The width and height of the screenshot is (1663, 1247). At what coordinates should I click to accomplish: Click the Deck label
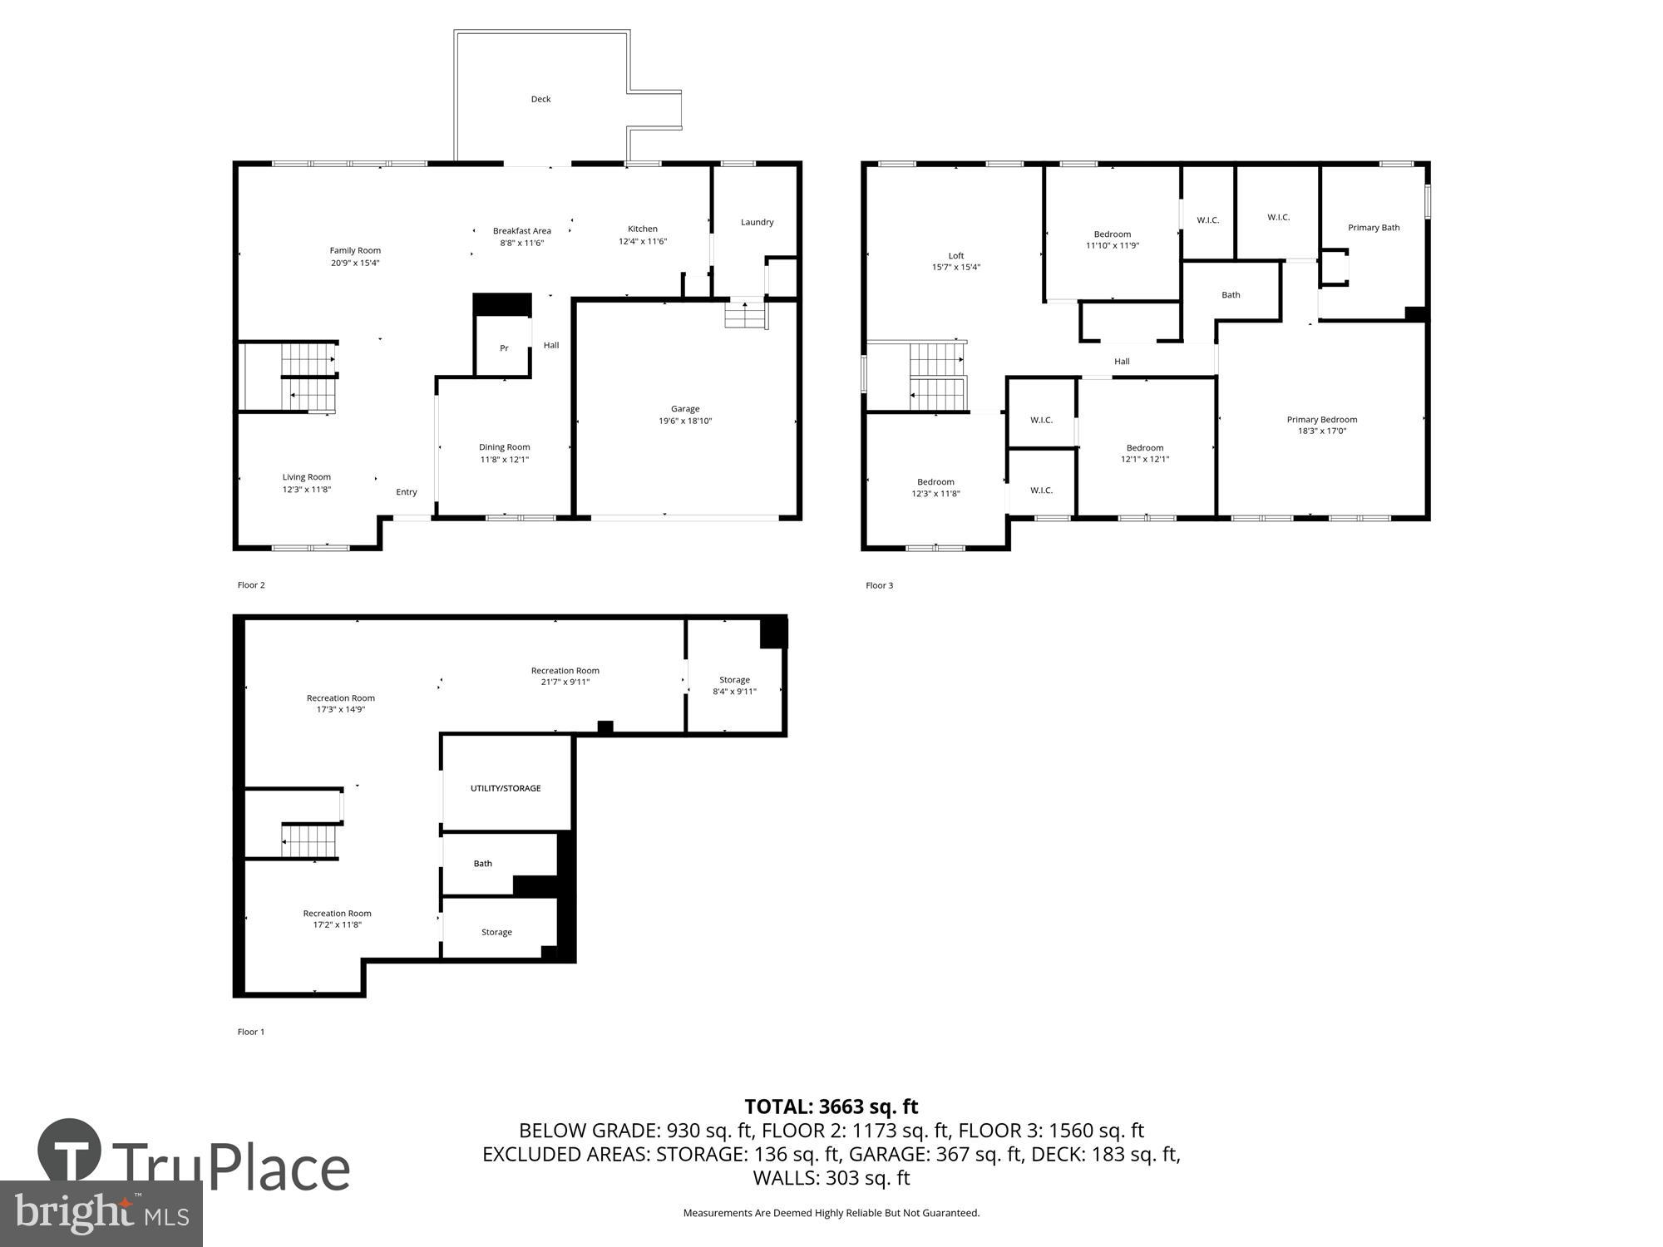point(540,99)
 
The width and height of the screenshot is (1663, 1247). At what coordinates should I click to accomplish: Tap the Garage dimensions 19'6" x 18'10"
point(685,421)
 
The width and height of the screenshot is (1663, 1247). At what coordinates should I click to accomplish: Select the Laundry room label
point(757,222)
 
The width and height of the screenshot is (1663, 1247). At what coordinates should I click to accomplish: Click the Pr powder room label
point(504,348)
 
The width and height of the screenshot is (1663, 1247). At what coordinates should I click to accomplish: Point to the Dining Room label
point(504,447)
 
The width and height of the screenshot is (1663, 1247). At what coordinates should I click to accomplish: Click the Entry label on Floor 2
point(407,492)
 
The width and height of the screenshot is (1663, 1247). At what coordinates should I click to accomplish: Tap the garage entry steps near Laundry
point(744,315)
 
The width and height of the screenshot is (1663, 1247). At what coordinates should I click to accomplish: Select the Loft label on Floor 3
point(956,256)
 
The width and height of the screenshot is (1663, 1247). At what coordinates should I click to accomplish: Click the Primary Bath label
point(1374,228)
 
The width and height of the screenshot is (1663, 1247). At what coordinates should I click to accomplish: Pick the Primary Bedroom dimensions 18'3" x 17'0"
point(1322,431)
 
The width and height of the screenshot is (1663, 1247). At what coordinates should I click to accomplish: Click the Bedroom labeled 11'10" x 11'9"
point(1112,234)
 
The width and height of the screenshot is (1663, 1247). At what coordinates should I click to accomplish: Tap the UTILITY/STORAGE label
point(506,788)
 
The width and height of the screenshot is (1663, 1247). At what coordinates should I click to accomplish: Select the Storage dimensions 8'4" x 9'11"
point(734,692)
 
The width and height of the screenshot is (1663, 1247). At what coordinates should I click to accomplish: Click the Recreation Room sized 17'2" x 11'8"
point(337,914)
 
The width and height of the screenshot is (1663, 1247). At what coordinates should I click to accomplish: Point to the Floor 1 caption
point(251,1032)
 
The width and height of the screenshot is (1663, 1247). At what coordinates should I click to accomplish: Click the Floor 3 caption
point(879,585)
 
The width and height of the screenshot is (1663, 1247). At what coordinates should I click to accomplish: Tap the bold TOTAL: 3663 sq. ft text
point(831,1107)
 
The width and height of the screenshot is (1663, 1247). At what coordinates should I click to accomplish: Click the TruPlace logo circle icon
point(70,1151)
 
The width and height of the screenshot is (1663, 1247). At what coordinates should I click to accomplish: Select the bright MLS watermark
point(101,1214)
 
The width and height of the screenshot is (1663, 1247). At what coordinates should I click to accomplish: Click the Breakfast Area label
point(521,231)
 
